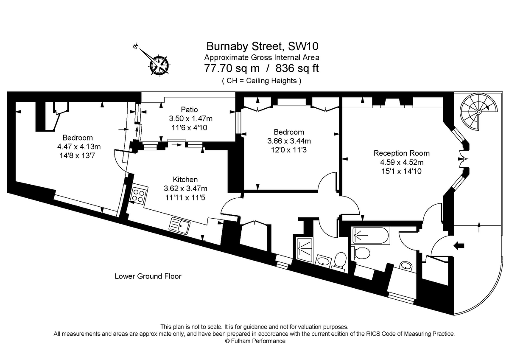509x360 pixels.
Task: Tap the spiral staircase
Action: pos(478,111)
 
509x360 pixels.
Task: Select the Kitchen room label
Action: pos(185,180)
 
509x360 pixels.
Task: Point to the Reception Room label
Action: pos(401,153)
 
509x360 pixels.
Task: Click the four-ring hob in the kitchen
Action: pos(138,195)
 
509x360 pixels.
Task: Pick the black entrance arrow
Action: pos(459,245)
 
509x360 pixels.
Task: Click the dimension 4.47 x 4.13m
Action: pos(78,146)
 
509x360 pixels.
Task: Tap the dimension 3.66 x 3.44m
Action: pos(288,141)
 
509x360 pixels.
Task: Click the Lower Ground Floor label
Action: pos(148,276)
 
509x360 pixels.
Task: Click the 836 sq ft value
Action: pos(297,68)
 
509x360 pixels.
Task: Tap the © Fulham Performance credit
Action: pos(255,341)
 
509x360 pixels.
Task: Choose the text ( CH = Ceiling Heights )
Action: pos(261,81)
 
